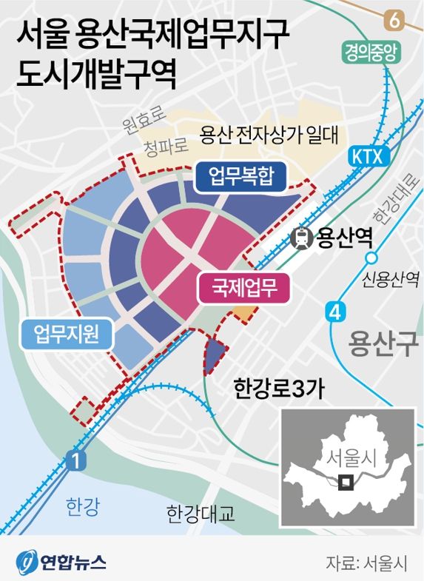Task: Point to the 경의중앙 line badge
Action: (371, 52)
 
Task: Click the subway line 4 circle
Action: (336, 312)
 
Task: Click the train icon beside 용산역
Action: (302, 238)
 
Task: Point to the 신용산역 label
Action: (391, 279)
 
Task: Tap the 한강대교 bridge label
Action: (201, 513)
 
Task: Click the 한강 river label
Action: (81, 507)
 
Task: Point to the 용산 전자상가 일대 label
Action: (269, 135)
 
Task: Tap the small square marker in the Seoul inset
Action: (345, 482)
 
